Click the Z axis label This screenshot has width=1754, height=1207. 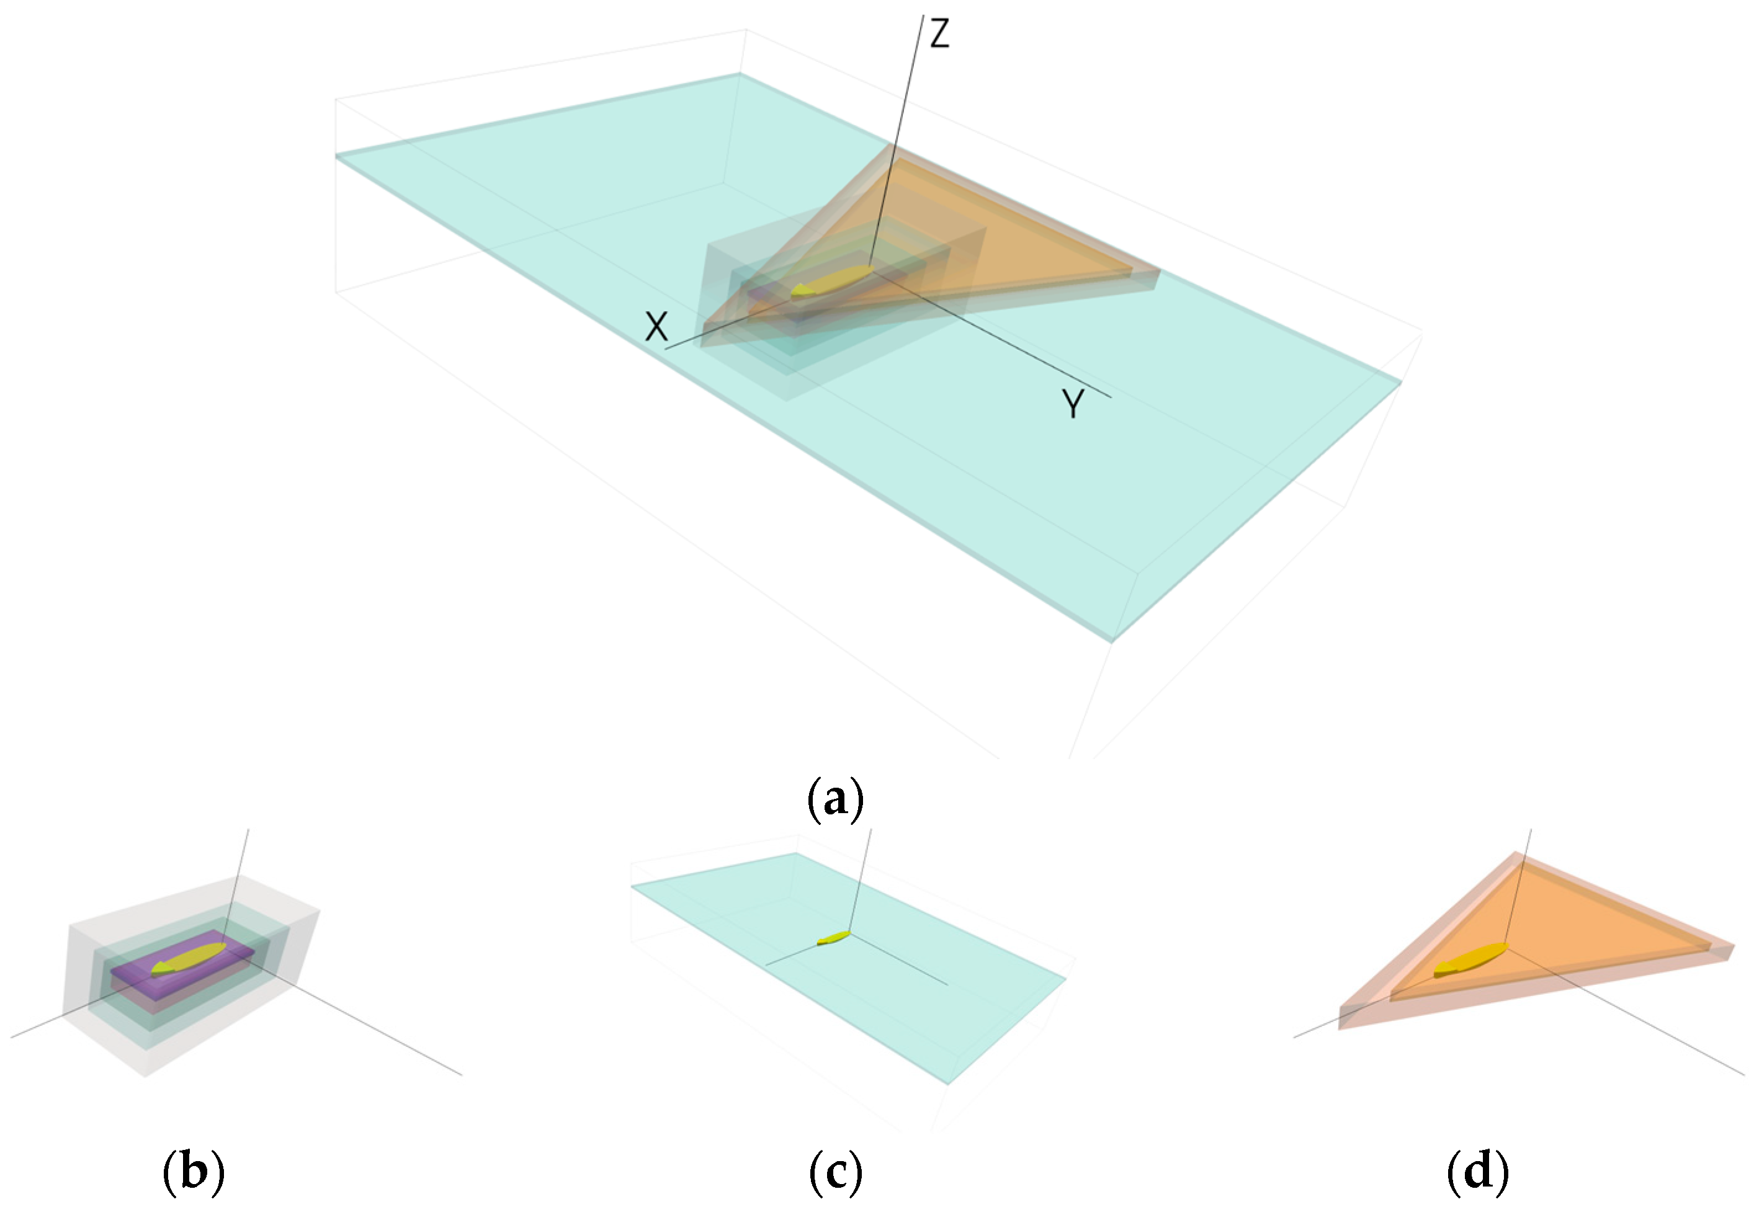point(939,34)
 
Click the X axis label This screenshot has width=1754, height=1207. point(656,327)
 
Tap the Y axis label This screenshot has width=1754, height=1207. point(1073,404)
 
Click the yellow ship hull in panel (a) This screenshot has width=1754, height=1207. point(832,282)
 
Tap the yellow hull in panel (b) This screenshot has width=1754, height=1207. point(189,959)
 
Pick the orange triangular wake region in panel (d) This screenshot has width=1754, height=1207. point(1573,923)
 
